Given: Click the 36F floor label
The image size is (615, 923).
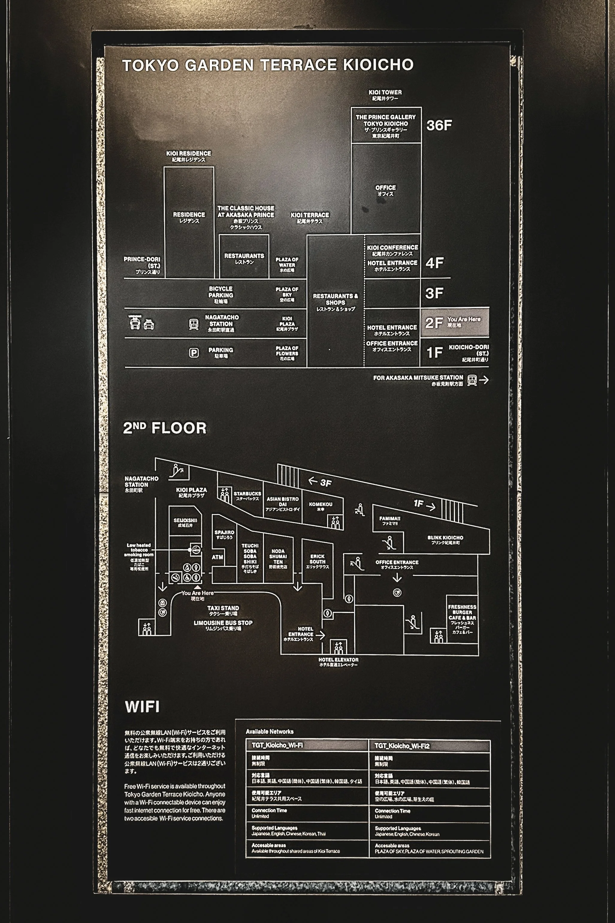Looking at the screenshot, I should coord(439,125).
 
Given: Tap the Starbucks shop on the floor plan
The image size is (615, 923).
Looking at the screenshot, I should coord(247,496).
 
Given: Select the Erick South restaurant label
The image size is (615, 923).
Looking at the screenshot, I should coord(317,561).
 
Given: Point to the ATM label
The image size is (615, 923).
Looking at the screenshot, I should coord(217,557).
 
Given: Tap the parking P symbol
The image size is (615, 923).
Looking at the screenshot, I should coord(194,353).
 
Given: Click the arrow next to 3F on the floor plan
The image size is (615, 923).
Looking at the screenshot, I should coord(313,480).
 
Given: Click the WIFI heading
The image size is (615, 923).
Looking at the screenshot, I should coord(142,707).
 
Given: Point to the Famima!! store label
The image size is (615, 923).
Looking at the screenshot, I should coord(389,520).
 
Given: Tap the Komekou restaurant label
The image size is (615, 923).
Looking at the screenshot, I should coord(321,506).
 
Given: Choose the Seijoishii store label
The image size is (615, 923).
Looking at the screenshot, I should coord(185,522).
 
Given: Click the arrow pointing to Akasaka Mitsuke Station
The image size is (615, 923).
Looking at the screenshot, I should coord(484,380).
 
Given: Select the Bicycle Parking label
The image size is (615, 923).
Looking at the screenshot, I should coord(221,294).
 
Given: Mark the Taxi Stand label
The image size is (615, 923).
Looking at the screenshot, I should coord(223,610).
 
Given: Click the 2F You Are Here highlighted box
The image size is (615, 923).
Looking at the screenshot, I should coord(454,323).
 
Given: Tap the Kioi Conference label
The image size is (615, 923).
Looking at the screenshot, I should coord(392,250).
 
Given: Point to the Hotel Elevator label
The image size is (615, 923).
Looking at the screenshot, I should coord(338,662).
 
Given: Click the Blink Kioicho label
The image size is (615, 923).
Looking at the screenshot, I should coord(445,540).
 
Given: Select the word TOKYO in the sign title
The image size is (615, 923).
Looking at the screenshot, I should coord(151,65).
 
